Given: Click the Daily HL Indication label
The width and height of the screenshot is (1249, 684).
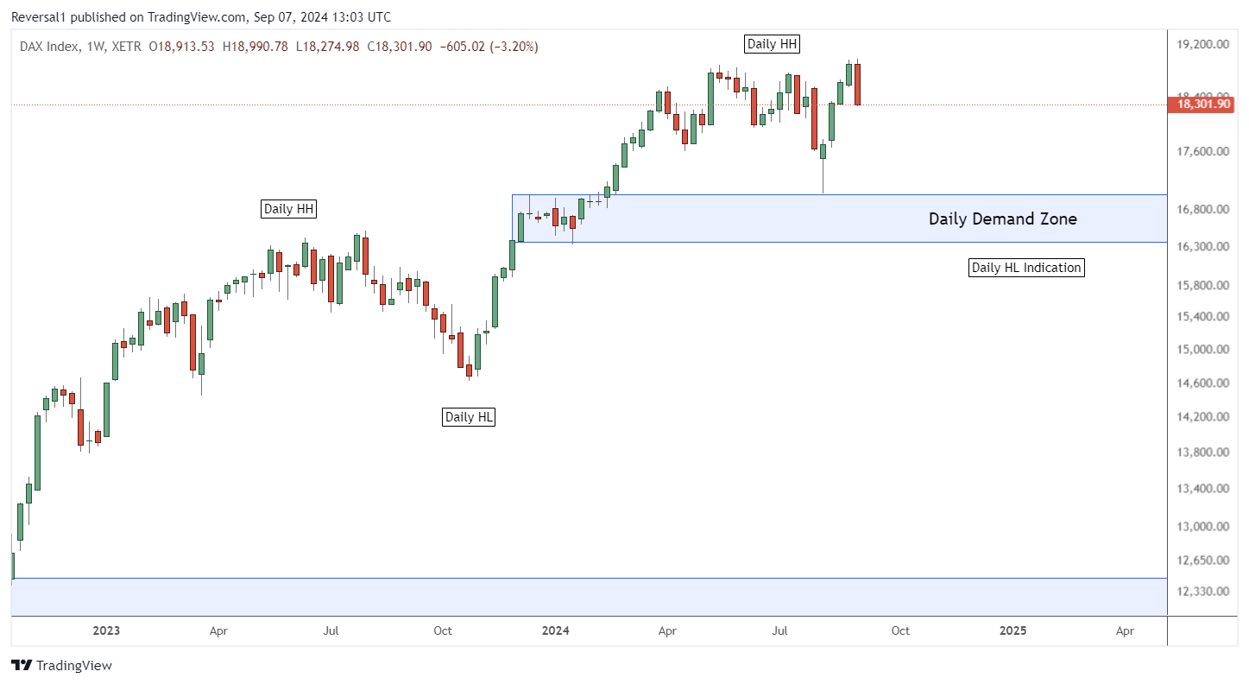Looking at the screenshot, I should point(1026,268).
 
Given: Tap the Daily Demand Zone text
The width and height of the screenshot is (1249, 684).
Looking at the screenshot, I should point(1002,219).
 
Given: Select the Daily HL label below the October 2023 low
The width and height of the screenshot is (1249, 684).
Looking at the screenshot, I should point(469,417).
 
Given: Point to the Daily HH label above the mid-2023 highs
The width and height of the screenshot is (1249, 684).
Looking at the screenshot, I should point(289,208).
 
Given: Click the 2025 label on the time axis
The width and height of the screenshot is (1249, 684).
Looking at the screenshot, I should point(1012,631).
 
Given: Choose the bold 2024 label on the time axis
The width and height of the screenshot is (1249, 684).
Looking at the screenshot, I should point(555,631).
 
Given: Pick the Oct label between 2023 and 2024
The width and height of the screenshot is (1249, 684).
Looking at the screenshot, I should point(443,631).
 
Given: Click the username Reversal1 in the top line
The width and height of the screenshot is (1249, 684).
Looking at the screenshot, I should point(41,16).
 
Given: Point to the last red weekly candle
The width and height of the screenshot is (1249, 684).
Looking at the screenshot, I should point(858,85).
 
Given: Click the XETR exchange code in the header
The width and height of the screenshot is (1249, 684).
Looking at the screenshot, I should point(129,47).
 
